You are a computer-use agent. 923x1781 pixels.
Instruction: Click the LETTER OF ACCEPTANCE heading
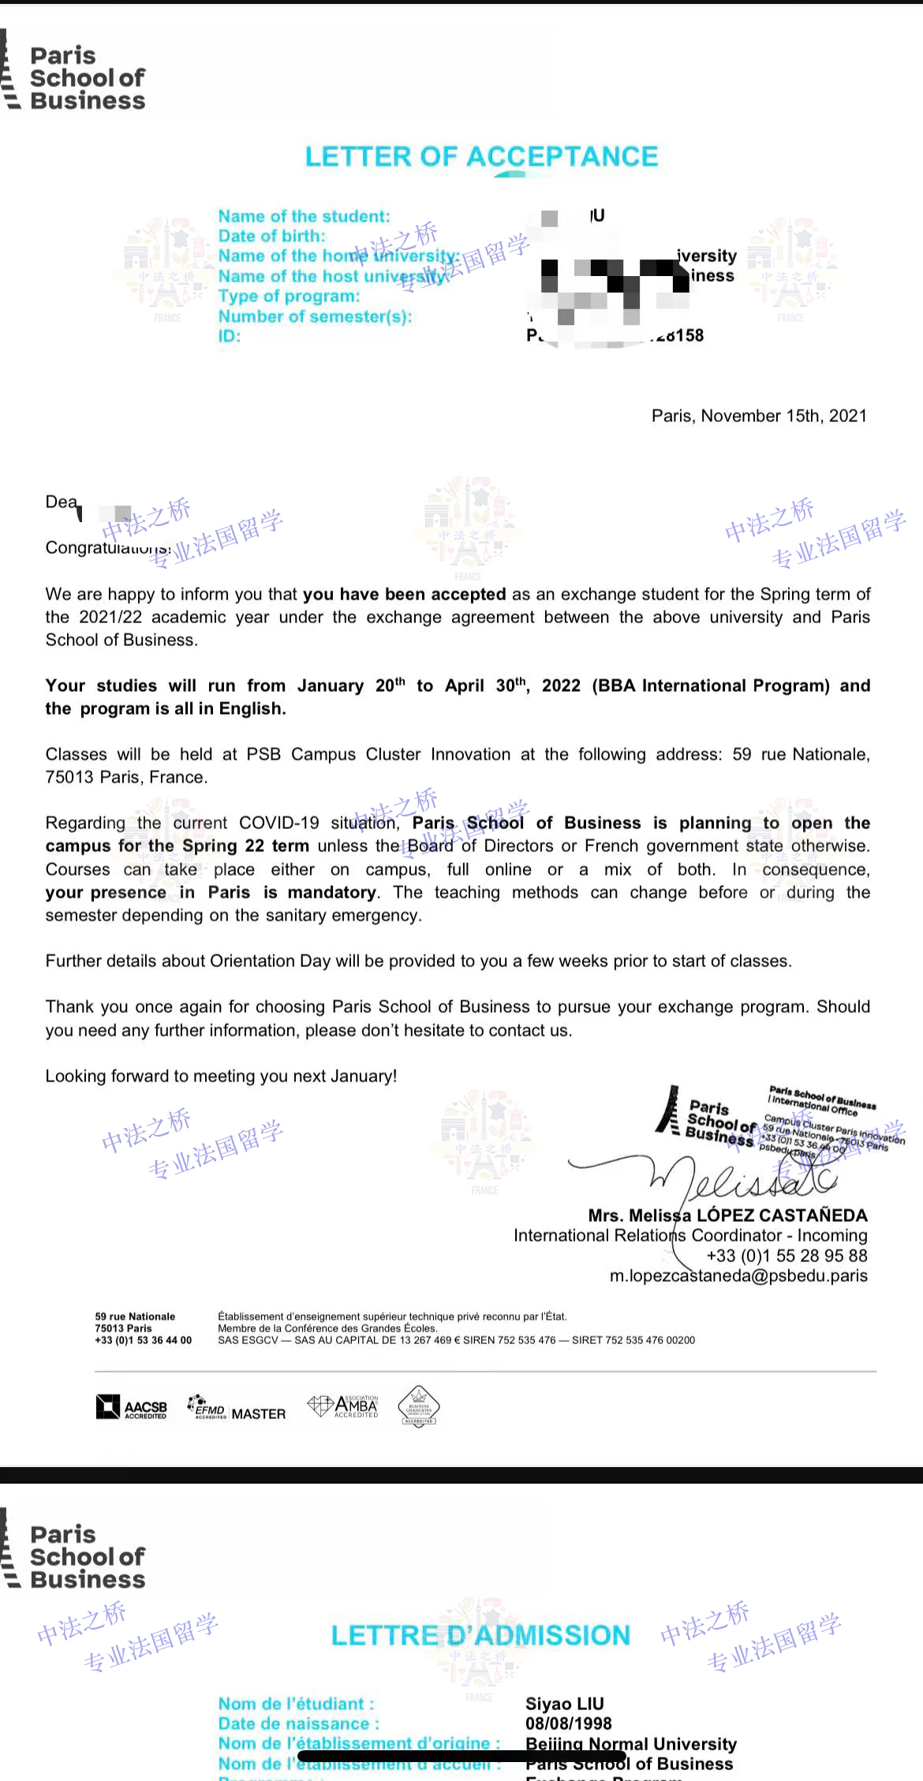[x=481, y=157]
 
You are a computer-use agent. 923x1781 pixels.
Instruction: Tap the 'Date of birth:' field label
[x=271, y=236]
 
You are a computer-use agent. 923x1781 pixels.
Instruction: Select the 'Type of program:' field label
[x=289, y=297]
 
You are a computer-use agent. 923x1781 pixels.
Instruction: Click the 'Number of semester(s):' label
[x=315, y=317]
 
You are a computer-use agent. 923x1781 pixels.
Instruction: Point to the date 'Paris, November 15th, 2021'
[x=759, y=416]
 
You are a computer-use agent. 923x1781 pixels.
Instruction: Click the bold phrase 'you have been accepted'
[x=404, y=594]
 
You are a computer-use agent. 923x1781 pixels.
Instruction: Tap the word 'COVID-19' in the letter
[x=279, y=823]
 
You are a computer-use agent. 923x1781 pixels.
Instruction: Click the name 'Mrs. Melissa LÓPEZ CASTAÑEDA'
[x=727, y=1215]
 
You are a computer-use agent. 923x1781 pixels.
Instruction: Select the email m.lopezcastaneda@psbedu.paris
[x=738, y=1275]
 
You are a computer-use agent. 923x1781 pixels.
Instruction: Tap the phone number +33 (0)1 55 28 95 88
[x=787, y=1256]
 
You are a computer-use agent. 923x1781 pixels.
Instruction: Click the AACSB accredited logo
[x=132, y=1407]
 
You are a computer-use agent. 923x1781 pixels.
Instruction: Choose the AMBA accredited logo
[x=343, y=1406]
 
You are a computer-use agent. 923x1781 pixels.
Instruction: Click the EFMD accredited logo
[x=206, y=1407]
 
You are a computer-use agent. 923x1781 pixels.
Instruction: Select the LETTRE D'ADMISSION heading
[x=480, y=1635]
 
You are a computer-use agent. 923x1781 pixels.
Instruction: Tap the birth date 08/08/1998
[x=569, y=1723]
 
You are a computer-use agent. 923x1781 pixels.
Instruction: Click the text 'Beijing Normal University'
[x=631, y=1743]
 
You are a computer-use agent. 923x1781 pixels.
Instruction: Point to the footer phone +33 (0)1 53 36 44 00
[x=143, y=1340]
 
